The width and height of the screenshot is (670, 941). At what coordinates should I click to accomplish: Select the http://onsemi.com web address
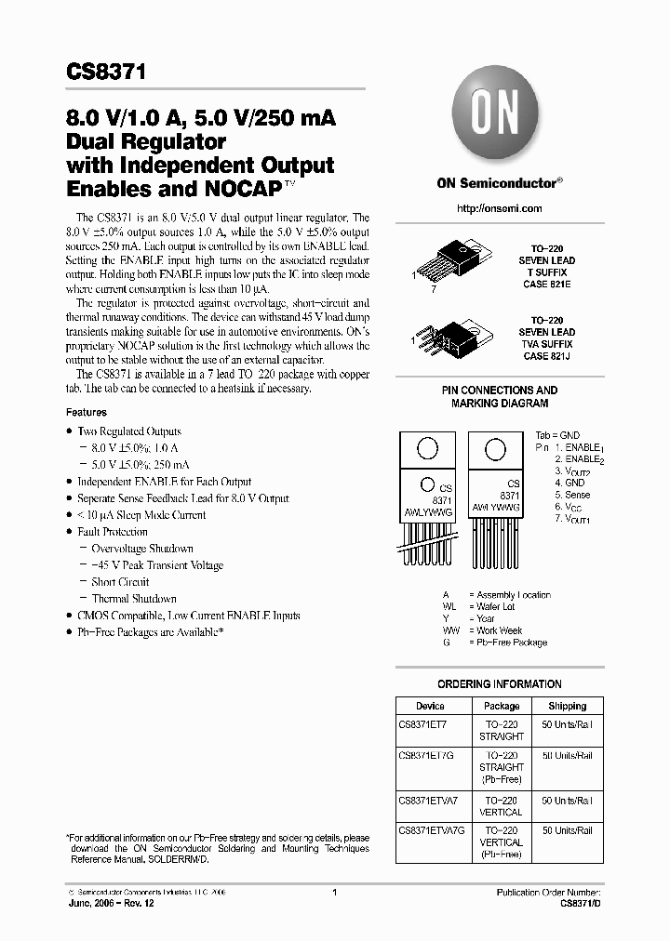pyautogui.click(x=500, y=208)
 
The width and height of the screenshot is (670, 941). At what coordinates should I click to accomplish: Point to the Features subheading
pyautogui.click(x=87, y=412)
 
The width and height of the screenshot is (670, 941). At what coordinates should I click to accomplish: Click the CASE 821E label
pyautogui.click(x=547, y=285)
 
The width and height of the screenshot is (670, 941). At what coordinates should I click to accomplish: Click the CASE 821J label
pyautogui.click(x=547, y=356)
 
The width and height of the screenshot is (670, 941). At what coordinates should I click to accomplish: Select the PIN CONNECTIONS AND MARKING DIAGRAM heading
pyautogui.click(x=500, y=397)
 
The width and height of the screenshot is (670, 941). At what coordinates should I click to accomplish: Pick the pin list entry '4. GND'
pyautogui.click(x=569, y=483)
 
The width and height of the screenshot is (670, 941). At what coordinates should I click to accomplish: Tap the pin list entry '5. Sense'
pyautogui.click(x=571, y=495)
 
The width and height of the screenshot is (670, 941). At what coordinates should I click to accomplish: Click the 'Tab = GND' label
pyautogui.click(x=556, y=435)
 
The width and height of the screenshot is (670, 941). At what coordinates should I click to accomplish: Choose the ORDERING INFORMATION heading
pyautogui.click(x=500, y=684)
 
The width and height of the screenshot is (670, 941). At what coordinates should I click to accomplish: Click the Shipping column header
pyautogui.click(x=568, y=707)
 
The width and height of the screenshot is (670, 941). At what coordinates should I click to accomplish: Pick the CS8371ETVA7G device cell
pyautogui.click(x=429, y=831)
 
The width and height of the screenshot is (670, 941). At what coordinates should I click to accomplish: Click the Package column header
pyautogui.click(x=502, y=707)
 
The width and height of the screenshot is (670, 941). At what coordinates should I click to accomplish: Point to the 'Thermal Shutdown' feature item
pyautogui.click(x=134, y=599)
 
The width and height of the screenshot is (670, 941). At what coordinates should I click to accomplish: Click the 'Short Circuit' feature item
pyautogui.click(x=120, y=582)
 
